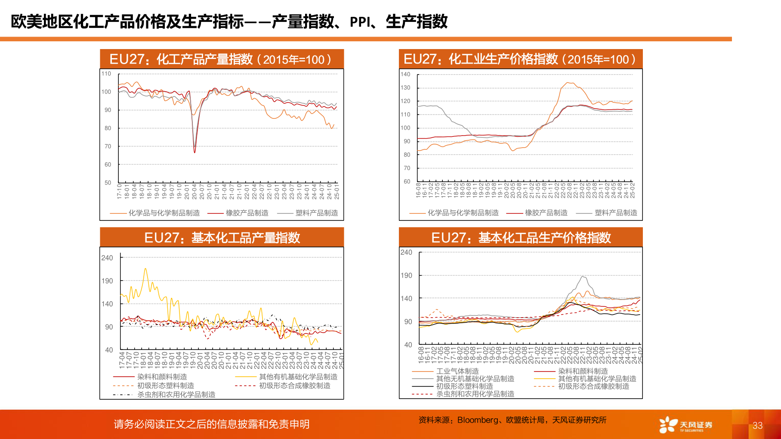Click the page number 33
pyautogui.click(x=757, y=426)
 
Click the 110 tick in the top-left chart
pyautogui.click(x=106, y=74)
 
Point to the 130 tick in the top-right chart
pyautogui.click(x=405, y=87)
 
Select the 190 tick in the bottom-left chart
pyautogui.click(x=107, y=281)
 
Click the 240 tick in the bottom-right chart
pyautogui.click(x=406, y=252)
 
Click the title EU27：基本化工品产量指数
pyautogui.click(x=222, y=238)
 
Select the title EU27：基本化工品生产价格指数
pyautogui.click(x=521, y=238)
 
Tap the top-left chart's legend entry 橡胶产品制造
pyautogui.click(x=247, y=213)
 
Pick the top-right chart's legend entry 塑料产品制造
pyautogui.click(x=616, y=213)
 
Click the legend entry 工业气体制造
pyautogui.click(x=457, y=371)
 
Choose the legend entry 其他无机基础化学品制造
pyautogui.click(x=475, y=379)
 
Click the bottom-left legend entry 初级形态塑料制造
pyautogui.click(x=166, y=386)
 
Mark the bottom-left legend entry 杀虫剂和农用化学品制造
pyautogui.click(x=176, y=394)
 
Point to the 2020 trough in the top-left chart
pyautogui.click(x=194, y=152)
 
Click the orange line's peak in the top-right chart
pyautogui.click(x=569, y=83)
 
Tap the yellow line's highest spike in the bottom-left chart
pyautogui.click(x=145, y=269)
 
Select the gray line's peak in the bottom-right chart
pyautogui.click(x=583, y=277)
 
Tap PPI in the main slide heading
pyautogui.click(x=360, y=22)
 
